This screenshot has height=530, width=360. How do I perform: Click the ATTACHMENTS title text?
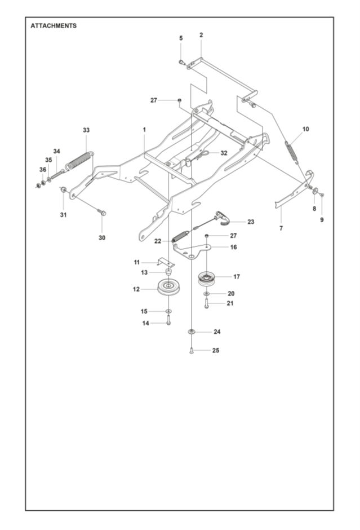(54, 26)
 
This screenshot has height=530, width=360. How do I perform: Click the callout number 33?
(86, 130)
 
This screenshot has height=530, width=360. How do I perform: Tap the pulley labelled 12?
(169, 288)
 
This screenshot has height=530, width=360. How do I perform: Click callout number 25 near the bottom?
(216, 350)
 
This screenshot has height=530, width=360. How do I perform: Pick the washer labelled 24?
(191, 332)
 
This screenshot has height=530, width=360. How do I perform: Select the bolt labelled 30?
(101, 212)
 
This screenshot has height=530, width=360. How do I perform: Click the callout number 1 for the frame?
(144, 130)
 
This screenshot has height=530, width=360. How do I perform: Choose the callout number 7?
(281, 228)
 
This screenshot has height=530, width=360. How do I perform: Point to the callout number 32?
(224, 153)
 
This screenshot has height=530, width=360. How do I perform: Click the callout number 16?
(233, 247)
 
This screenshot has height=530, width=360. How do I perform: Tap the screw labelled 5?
(181, 62)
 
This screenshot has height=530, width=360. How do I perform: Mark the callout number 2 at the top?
(201, 35)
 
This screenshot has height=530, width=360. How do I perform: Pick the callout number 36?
(43, 169)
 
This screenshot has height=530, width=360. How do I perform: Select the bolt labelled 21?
(206, 303)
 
